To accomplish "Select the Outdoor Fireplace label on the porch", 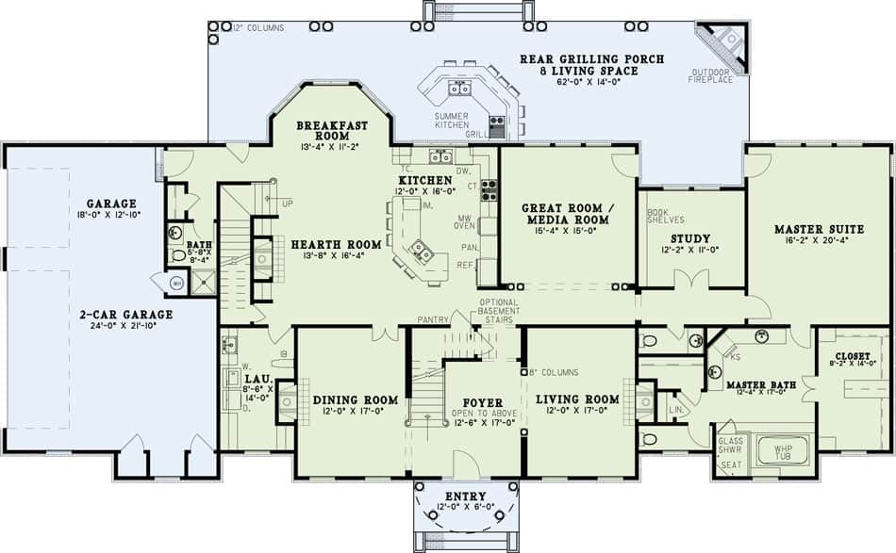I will click(x=712, y=76).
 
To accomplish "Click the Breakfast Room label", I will click(x=331, y=130).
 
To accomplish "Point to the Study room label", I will click(x=689, y=239).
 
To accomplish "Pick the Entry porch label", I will click(x=463, y=496).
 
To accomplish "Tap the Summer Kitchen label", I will click(x=452, y=120).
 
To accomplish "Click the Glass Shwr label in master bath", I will click(x=730, y=445).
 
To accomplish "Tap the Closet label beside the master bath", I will click(x=853, y=357).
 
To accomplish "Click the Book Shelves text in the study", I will click(x=658, y=217).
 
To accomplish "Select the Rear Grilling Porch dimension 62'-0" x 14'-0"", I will click(x=592, y=82).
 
